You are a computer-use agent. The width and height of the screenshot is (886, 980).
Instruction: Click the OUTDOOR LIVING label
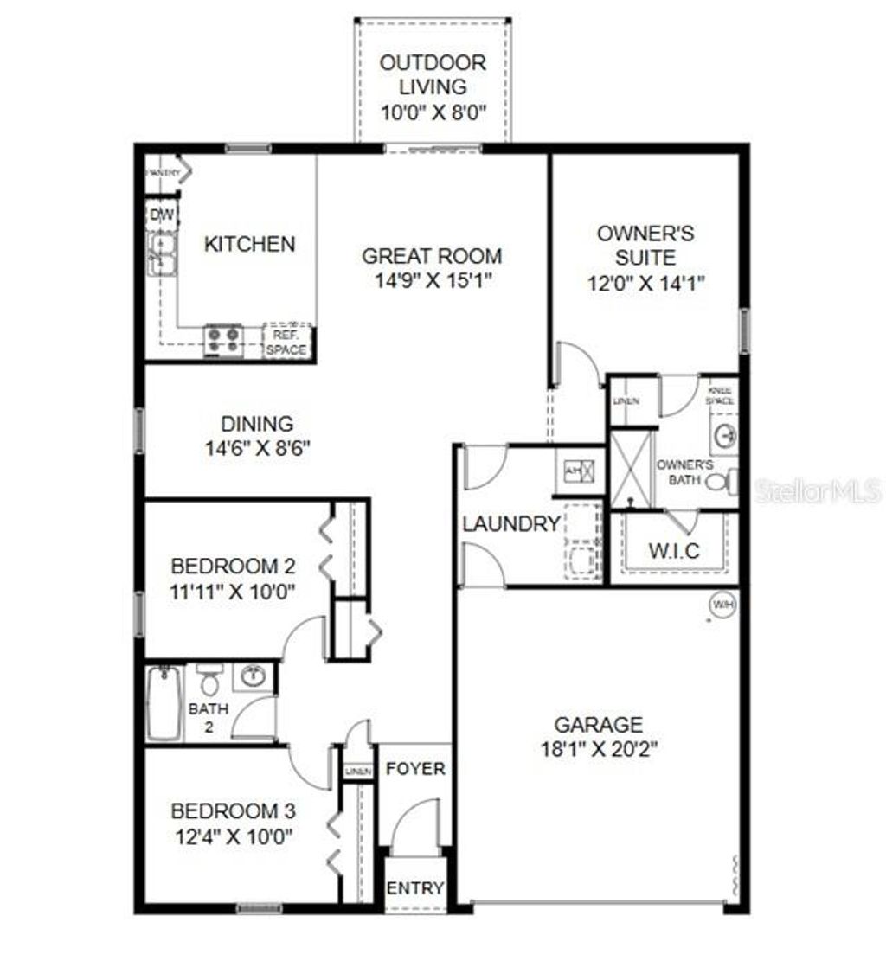(x=433, y=74)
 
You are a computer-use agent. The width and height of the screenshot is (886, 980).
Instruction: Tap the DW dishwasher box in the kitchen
(x=161, y=215)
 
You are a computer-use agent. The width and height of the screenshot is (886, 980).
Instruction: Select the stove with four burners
(x=223, y=340)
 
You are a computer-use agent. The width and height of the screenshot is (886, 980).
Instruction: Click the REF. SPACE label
(x=286, y=342)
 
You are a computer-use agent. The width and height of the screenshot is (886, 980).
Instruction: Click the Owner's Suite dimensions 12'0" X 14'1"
(x=646, y=282)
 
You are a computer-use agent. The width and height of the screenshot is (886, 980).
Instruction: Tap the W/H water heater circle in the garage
(x=722, y=605)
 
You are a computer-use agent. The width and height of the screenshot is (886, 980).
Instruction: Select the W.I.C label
(x=674, y=550)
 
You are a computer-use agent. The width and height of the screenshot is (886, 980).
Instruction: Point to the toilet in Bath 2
(x=209, y=680)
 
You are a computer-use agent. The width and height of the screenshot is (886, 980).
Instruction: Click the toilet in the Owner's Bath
(x=721, y=480)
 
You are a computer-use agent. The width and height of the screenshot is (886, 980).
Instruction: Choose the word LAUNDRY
(x=510, y=523)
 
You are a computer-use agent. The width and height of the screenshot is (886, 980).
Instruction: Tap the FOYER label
(x=415, y=768)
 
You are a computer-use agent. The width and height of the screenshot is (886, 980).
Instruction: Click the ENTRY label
(x=415, y=888)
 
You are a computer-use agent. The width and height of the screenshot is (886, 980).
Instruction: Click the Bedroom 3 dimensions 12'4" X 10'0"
(x=233, y=836)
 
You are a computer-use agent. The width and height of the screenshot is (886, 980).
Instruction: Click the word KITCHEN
(x=249, y=244)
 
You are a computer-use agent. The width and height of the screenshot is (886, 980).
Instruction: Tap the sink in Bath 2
(x=253, y=676)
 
